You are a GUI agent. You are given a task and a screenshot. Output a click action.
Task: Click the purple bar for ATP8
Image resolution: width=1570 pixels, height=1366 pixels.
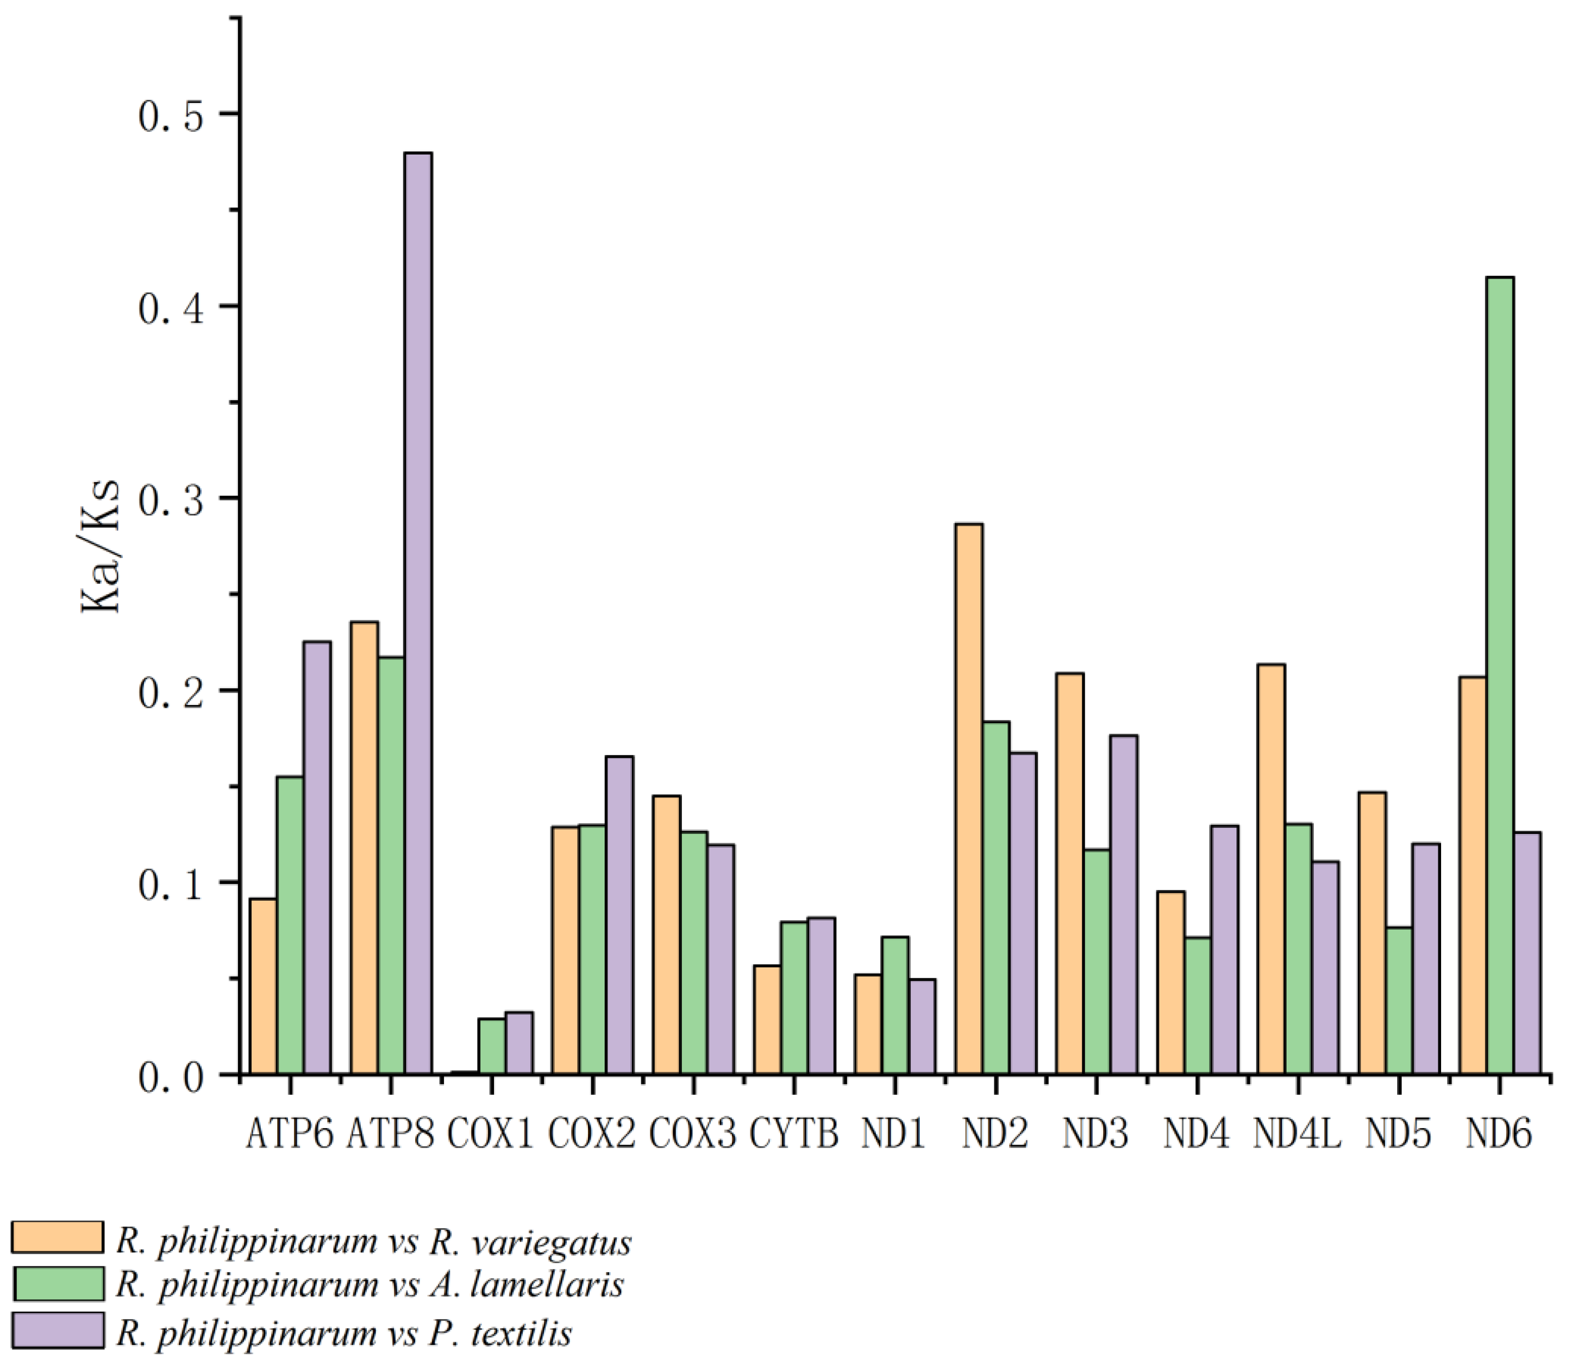[x=418, y=614]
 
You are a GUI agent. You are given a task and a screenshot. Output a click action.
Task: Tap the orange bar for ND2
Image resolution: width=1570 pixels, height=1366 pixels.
[x=969, y=799]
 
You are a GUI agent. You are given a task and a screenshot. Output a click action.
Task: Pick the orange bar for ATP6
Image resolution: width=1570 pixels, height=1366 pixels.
[x=263, y=986]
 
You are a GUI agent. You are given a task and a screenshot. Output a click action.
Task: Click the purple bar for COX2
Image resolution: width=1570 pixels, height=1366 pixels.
[x=619, y=915]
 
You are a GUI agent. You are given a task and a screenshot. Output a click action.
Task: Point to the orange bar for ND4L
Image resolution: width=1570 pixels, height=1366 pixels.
[x=1270, y=869]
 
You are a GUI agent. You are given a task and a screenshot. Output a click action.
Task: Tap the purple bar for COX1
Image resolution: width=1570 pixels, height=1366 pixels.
[x=519, y=1043]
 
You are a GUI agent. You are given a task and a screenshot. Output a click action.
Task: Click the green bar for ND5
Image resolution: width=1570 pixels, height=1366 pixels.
[x=1398, y=1000]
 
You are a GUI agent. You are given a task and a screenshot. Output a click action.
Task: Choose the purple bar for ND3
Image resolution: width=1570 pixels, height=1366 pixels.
[x=1123, y=905]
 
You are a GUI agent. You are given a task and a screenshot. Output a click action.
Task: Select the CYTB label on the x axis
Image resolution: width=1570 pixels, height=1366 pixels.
[x=794, y=1134]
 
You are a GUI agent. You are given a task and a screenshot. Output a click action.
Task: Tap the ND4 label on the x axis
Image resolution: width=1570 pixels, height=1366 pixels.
[x=1196, y=1134]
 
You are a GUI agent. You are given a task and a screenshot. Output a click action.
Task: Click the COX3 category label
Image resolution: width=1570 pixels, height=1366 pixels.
[x=693, y=1134]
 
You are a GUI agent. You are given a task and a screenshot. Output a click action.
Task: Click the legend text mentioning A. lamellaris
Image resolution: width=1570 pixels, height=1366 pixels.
[x=370, y=1284]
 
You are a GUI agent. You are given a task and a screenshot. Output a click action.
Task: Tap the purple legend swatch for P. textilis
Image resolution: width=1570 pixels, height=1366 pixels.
[x=57, y=1329]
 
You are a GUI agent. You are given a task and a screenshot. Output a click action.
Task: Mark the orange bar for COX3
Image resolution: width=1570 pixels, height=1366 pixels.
[x=666, y=935]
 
